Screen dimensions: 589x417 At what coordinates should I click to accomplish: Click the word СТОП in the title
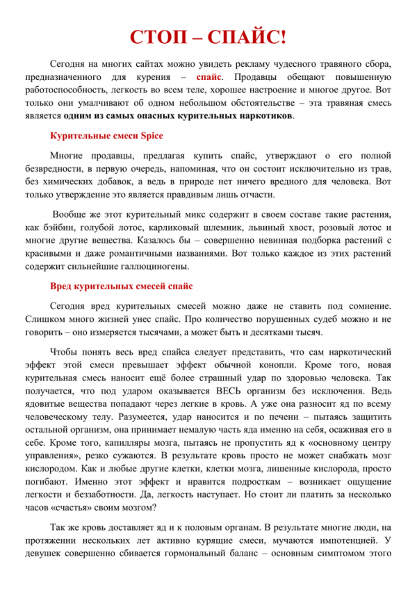[161, 35]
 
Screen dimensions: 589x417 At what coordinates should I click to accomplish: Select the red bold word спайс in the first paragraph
[210, 77]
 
